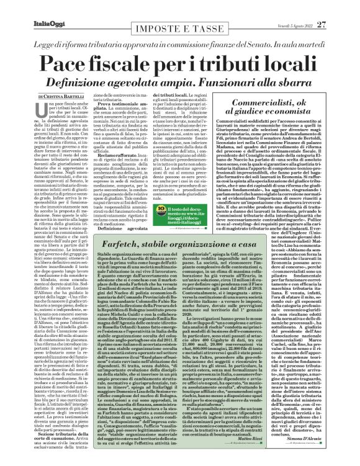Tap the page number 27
(x=340, y=7)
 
